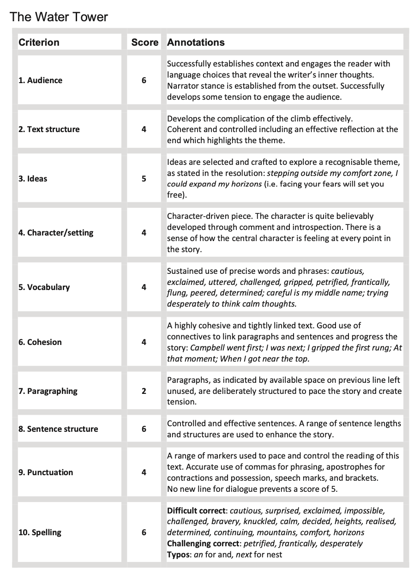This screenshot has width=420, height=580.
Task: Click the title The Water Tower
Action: point(59,17)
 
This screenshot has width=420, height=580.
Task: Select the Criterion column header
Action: point(39,42)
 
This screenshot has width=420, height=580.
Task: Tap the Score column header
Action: point(144,42)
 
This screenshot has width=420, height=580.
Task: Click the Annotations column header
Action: point(196,42)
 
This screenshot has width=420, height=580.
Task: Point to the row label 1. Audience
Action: point(40,80)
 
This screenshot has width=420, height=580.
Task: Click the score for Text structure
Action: point(144,129)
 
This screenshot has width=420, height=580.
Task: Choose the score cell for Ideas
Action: point(144,179)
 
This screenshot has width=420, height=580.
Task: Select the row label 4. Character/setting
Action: point(56,233)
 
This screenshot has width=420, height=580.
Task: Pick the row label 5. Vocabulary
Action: point(44,287)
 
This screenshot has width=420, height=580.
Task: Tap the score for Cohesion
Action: point(144,342)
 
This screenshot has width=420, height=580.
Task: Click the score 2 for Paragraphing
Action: point(144,391)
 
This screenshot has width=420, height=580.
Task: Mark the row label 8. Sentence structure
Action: point(58,429)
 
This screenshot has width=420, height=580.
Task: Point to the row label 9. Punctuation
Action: point(46,472)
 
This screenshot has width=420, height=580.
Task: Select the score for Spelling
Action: point(144,532)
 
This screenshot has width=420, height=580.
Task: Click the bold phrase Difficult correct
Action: point(197,511)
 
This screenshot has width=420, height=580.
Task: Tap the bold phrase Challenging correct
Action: point(204,544)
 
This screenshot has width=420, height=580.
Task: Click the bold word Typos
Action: point(178,555)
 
